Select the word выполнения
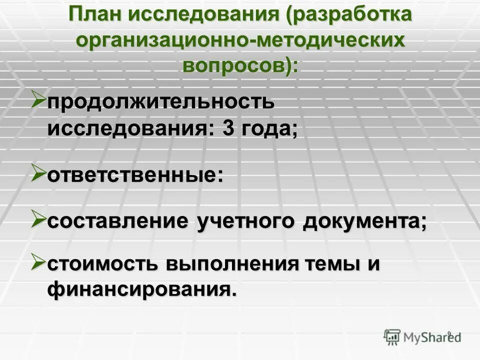pos(228,263)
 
